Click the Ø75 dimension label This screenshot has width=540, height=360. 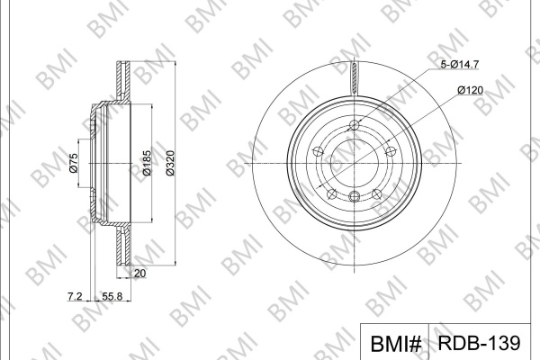[x=74, y=163]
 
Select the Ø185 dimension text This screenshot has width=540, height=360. [x=147, y=163]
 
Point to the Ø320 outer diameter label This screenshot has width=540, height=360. [x=170, y=163]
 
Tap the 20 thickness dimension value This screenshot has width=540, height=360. [x=139, y=274]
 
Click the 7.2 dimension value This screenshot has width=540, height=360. [x=75, y=296]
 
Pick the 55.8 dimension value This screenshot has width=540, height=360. [x=112, y=296]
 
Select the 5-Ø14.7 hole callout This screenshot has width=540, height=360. [x=460, y=65]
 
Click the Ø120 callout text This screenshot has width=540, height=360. [x=470, y=90]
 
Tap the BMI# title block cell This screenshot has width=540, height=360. [x=395, y=342]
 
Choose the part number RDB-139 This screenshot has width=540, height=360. [x=480, y=342]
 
